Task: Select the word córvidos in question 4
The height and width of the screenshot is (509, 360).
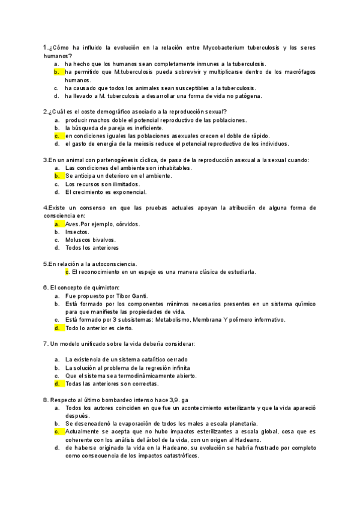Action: point(127,224)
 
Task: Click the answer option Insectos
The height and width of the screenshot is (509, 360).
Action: point(77,232)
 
